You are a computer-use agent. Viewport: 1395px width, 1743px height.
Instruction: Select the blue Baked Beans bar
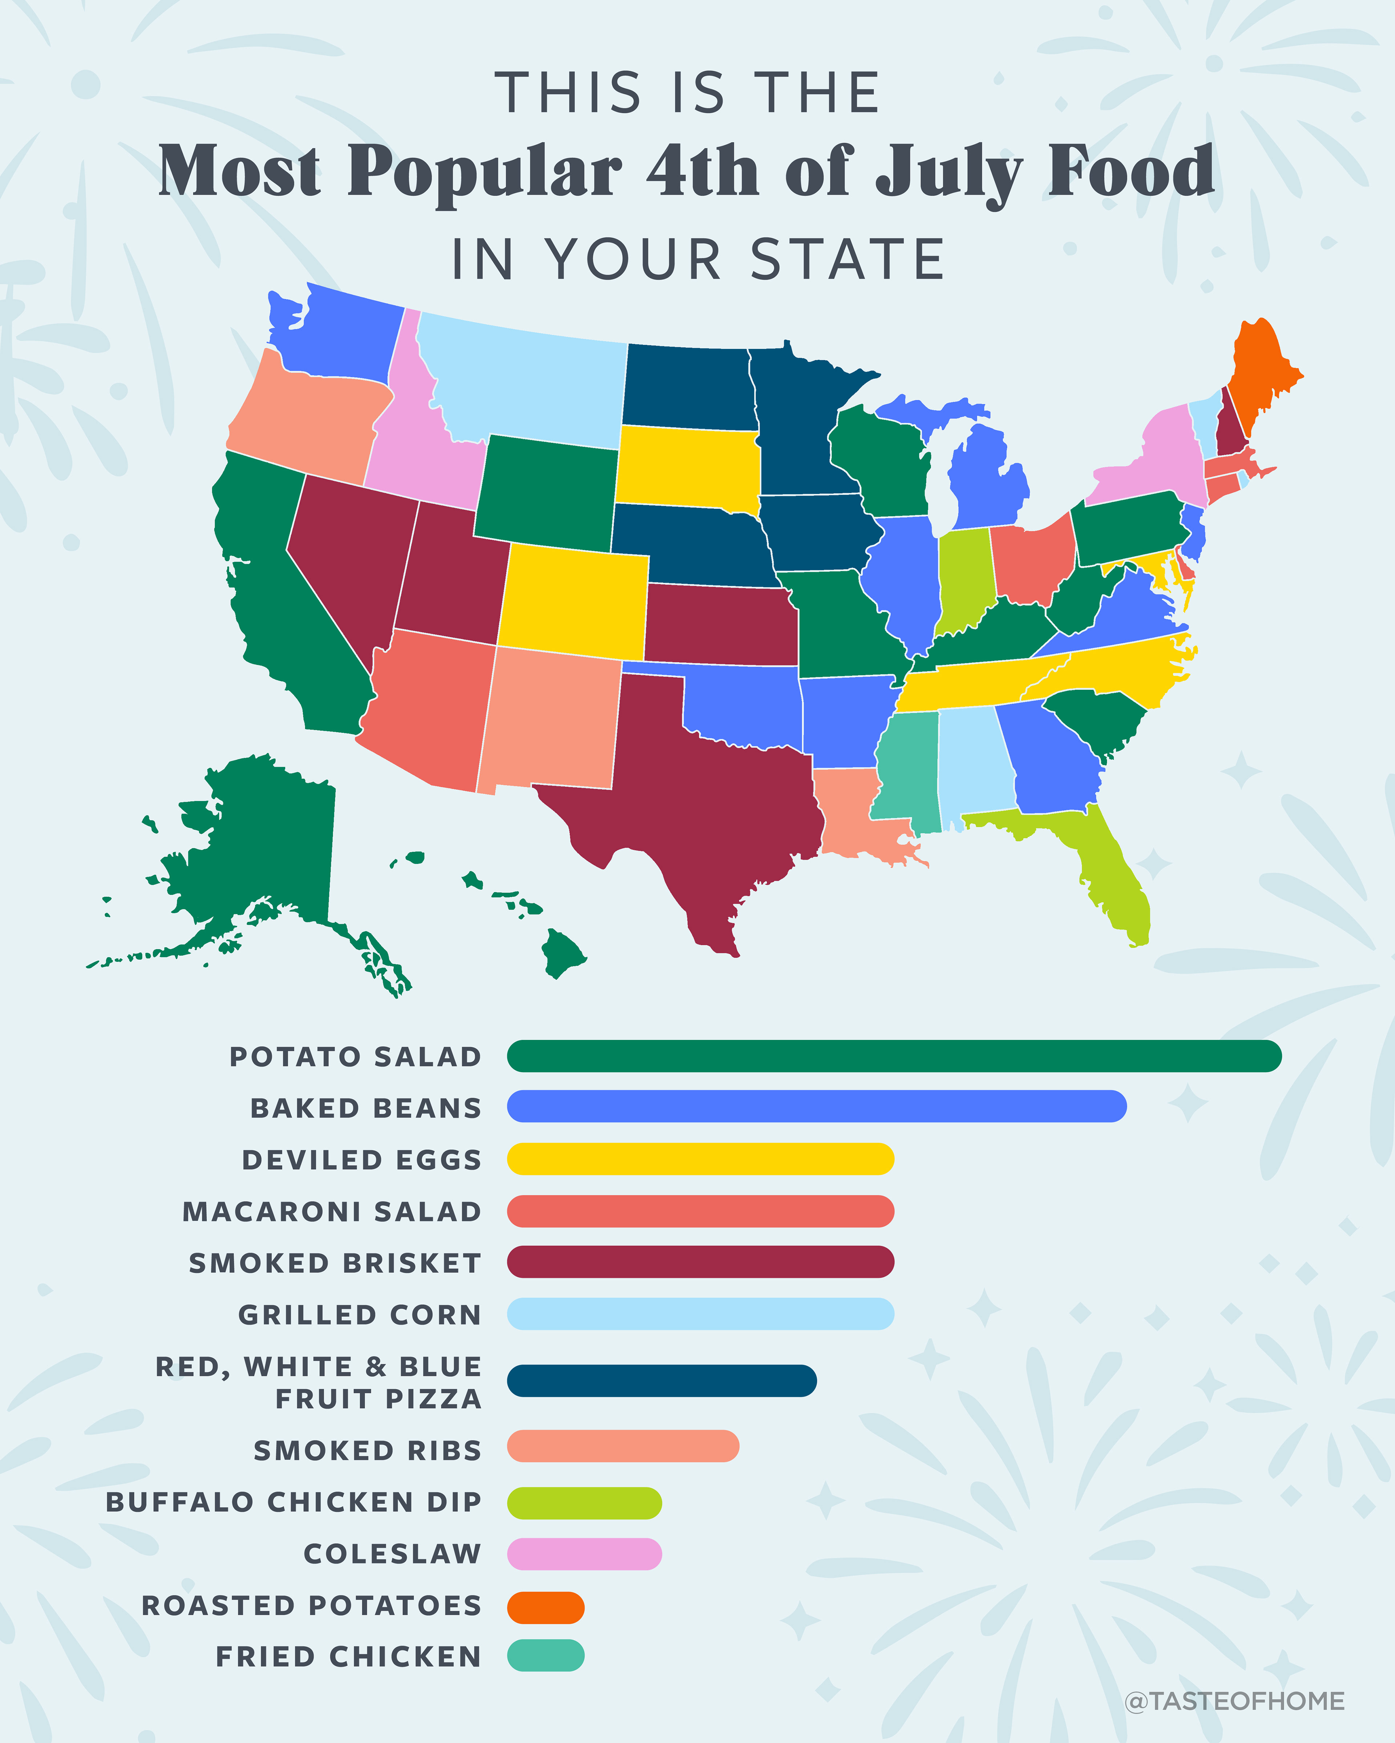[817, 1106]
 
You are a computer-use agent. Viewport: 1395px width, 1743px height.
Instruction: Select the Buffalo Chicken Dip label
[294, 1502]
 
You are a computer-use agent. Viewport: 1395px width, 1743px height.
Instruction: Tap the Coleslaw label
[392, 1554]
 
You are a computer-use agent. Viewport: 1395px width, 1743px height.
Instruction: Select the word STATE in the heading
[848, 260]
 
